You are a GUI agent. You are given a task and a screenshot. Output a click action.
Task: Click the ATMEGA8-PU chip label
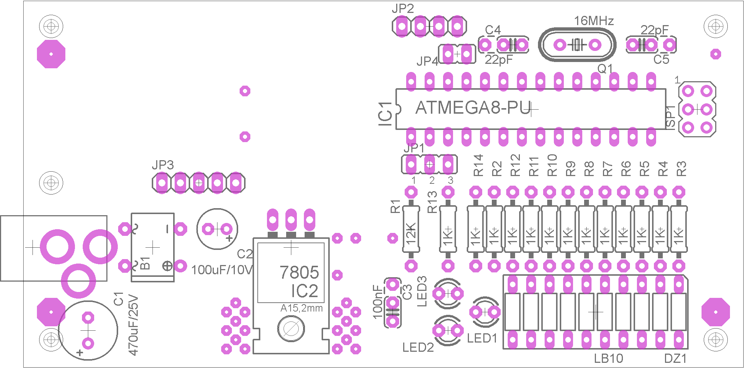(473, 108)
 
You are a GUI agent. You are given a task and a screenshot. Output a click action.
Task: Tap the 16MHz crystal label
(594, 21)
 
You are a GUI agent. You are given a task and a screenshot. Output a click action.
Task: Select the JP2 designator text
(402, 8)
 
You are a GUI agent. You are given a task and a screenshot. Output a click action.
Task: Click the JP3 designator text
(162, 165)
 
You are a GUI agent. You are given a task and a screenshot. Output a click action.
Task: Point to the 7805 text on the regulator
(299, 272)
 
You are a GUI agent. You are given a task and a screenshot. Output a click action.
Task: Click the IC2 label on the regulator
(304, 291)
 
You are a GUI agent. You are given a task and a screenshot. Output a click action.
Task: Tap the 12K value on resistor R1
(411, 234)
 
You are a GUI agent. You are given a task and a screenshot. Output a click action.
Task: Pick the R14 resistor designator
(478, 165)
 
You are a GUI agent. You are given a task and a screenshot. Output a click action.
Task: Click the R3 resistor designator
(681, 169)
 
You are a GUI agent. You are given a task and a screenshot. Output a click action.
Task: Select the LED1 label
(482, 338)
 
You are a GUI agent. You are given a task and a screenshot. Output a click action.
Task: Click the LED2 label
(418, 347)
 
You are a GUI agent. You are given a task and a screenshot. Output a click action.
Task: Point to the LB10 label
(608, 358)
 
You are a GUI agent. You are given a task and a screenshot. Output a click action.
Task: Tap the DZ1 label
(675, 358)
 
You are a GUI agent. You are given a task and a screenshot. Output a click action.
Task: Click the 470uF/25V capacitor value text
(133, 325)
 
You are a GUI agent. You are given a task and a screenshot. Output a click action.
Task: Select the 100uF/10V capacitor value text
(222, 270)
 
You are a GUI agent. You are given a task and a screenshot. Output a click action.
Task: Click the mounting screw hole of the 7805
(291, 329)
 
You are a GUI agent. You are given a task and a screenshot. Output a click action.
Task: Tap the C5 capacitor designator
(661, 59)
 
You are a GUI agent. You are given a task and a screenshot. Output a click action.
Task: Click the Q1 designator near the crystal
(605, 68)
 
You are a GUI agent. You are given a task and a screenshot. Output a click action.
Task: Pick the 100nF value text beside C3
(378, 302)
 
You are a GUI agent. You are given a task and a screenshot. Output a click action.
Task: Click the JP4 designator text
(427, 61)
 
